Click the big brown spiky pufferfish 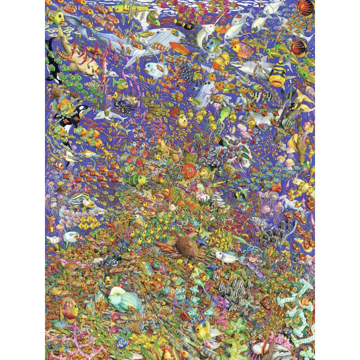(x=187, y=245)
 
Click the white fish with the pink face (x=225, y=256)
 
